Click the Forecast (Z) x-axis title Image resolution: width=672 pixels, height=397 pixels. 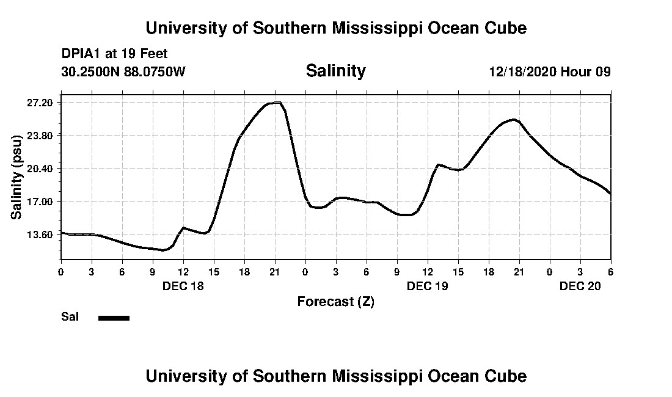click(335, 302)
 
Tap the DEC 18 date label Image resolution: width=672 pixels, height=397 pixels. click(183, 286)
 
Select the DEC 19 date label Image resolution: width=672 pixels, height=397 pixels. click(428, 286)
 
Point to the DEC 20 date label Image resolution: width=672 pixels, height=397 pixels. click(580, 286)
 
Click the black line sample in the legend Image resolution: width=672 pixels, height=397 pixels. click(114, 318)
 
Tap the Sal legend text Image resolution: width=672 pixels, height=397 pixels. click(69, 317)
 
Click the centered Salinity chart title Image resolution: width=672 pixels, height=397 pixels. click(335, 71)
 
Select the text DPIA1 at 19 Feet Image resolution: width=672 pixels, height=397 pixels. click(114, 54)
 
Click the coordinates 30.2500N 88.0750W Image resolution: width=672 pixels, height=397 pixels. click(123, 72)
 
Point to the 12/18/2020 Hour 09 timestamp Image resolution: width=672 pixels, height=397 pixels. click(549, 72)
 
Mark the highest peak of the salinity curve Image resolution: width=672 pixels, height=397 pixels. click(277, 103)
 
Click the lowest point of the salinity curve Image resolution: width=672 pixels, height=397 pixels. click(163, 250)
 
